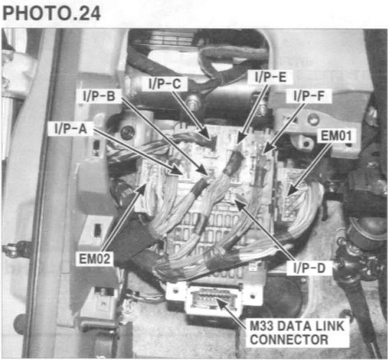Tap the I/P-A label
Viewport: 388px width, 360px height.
[x=70, y=129]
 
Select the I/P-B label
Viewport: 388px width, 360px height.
[x=99, y=96]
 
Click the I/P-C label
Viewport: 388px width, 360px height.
[x=165, y=83]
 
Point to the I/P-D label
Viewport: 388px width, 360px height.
[x=309, y=268]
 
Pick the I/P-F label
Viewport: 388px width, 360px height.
[x=309, y=96]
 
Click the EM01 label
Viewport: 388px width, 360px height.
[x=336, y=136]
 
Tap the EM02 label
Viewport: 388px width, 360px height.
[x=94, y=259]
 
